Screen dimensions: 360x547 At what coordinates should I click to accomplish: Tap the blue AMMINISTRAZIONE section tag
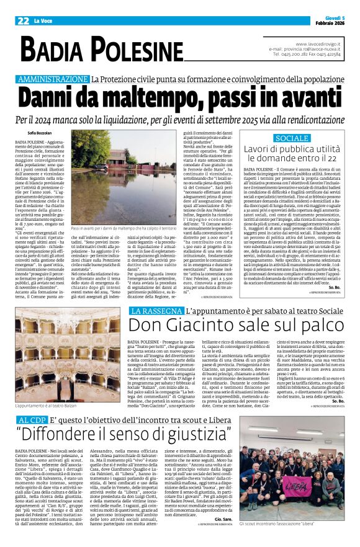(x=53, y=79)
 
